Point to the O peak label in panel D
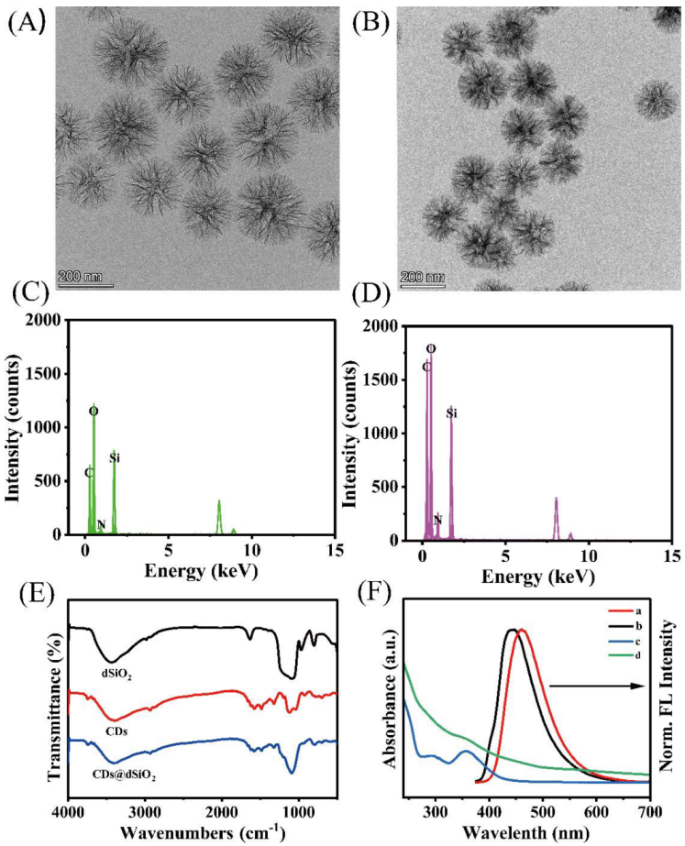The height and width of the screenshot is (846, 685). [431, 349]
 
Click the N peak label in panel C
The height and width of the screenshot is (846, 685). [101, 525]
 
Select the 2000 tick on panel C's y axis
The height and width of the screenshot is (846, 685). [51, 320]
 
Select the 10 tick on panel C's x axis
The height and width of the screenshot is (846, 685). [252, 550]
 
